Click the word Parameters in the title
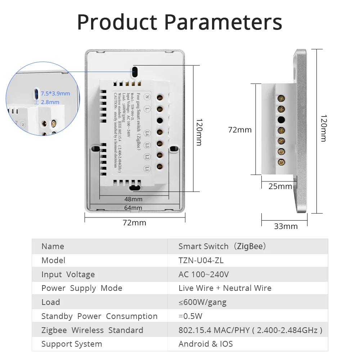tap(223, 22)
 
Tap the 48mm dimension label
tap(134, 199)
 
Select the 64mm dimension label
tap(134, 208)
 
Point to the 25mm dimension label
tap(280, 186)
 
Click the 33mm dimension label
tap(286, 226)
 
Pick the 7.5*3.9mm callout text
tap(55, 94)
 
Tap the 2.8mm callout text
tap(50, 102)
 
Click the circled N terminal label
tap(148, 96)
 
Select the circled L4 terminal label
tap(147, 133)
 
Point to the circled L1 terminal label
tap(147, 168)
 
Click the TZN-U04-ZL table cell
tap(201, 260)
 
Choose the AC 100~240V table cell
tap(203, 274)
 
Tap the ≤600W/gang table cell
tap(202, 302)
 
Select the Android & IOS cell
tap(206, 344)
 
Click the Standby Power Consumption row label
tap(99, 316)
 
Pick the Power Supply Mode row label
tap(82, 288)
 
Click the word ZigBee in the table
tap(250, 247)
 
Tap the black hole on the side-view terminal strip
tap(282, 120)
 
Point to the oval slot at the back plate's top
tap(135, 71)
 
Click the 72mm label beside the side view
tap(240, 130)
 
